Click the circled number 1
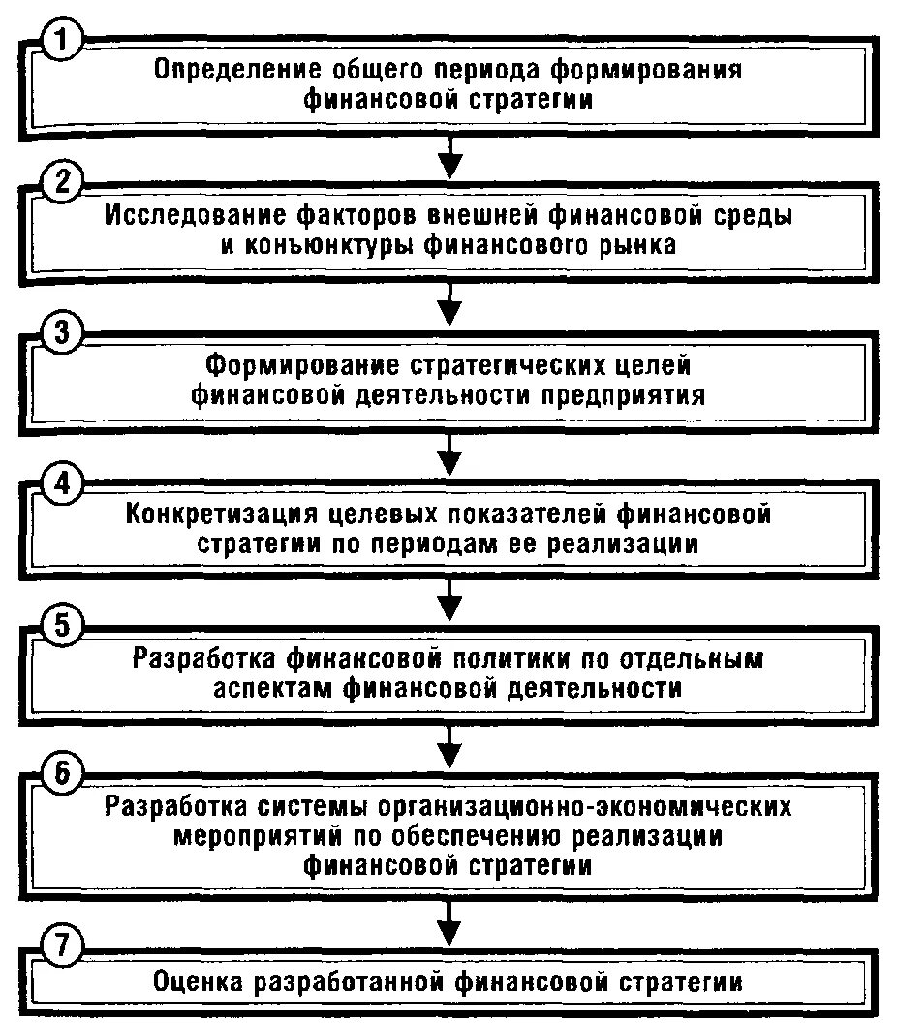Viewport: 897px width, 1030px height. [62, 43]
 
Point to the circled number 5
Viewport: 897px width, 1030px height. [62, 627]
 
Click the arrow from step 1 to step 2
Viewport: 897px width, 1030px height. [448, 156]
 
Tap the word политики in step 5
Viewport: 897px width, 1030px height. [517, 659]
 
